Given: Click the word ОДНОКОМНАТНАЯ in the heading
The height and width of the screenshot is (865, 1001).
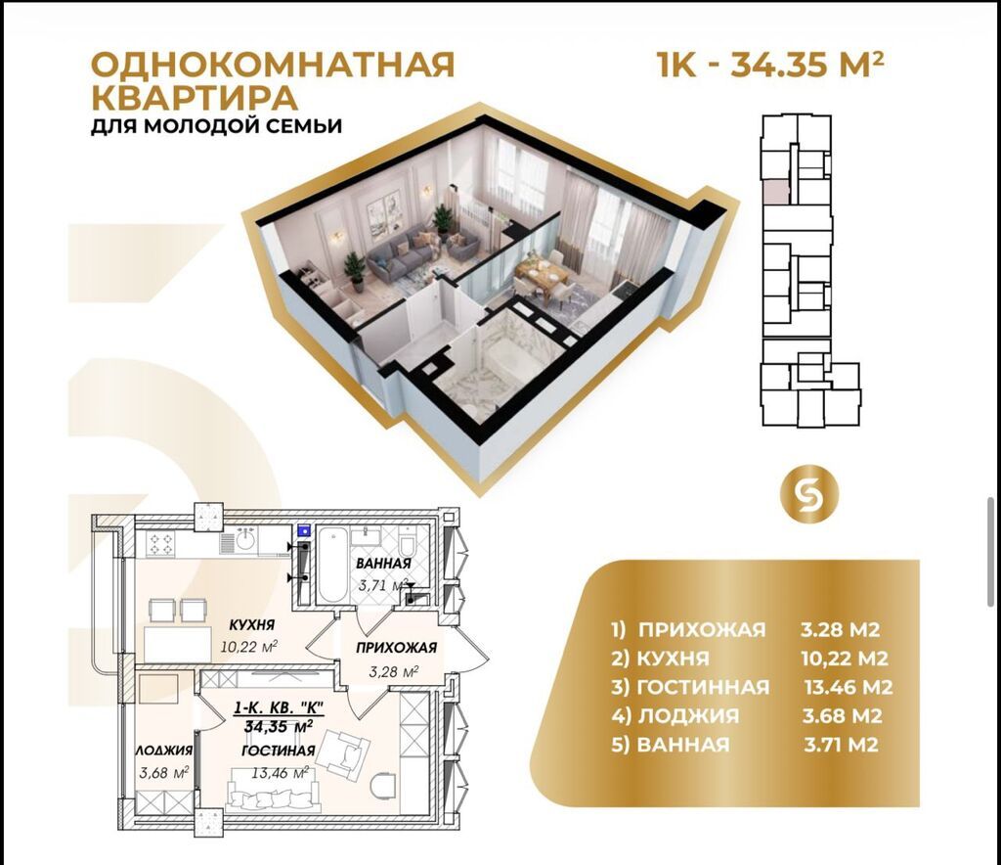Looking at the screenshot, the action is (274, 65).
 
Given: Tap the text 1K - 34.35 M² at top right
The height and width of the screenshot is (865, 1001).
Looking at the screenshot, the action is (770, 64).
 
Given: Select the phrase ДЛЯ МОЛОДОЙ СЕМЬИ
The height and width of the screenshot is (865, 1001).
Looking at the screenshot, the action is (216, 125).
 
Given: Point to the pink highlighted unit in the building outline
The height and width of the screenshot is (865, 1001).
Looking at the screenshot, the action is (776, 192).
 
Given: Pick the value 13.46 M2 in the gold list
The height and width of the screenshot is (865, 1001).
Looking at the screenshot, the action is (849, 687).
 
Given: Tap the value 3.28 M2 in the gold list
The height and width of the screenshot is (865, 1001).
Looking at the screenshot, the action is (840, 630).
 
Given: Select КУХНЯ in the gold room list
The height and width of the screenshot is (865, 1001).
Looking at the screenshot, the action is (673, 659).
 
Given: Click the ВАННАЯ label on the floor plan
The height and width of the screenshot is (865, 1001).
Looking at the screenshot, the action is (383, 564).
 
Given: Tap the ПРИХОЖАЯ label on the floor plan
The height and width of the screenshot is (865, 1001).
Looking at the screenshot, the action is (396, 648).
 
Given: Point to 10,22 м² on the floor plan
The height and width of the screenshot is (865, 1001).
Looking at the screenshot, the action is (249, 646).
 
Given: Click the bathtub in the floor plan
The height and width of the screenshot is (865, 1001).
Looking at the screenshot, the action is (332, 565).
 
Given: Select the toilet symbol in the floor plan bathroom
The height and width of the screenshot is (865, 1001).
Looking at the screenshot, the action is (408, 544).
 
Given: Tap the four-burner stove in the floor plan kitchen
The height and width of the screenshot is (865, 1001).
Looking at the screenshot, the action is (160, 544).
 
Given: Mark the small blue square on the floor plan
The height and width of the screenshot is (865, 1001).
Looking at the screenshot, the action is (304, 529).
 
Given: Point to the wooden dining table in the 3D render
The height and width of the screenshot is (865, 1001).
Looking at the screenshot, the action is (542, 274).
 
